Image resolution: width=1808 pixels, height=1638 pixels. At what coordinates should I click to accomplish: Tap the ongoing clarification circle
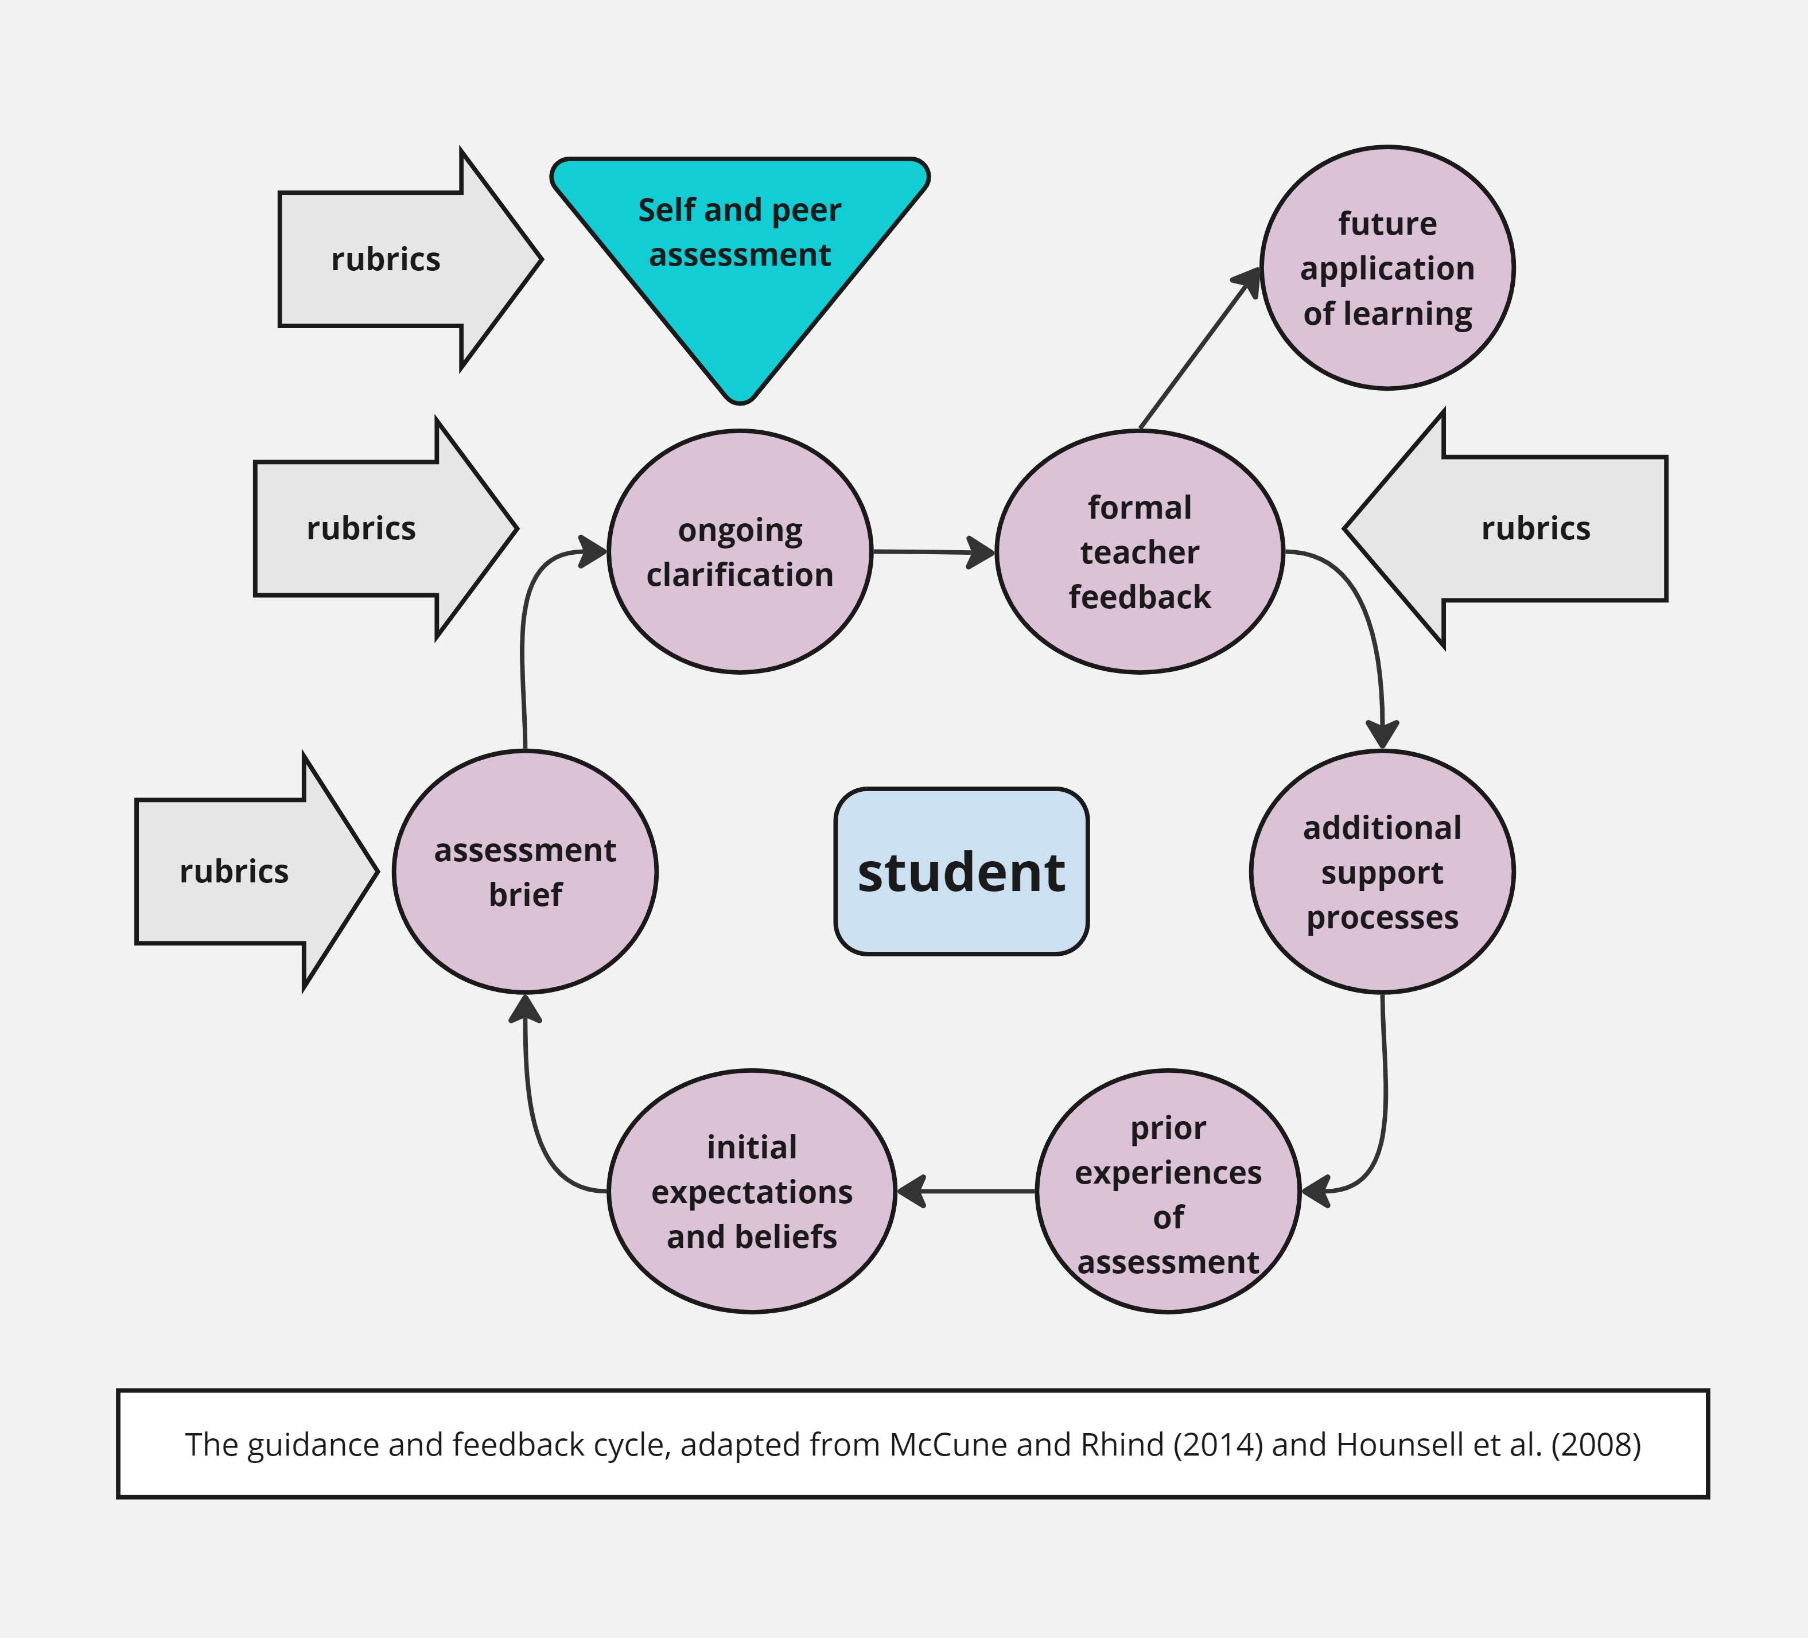tap(739, 551)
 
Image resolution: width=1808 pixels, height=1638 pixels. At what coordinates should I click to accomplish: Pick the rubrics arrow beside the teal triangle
tap(395, 259)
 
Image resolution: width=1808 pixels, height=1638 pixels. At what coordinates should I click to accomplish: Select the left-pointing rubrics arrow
tap(1515, 528)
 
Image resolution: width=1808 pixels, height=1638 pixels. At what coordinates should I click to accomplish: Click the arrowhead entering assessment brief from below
tap(524, 1010)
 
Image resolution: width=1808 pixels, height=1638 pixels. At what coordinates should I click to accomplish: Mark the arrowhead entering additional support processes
tap(1382, 733)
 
